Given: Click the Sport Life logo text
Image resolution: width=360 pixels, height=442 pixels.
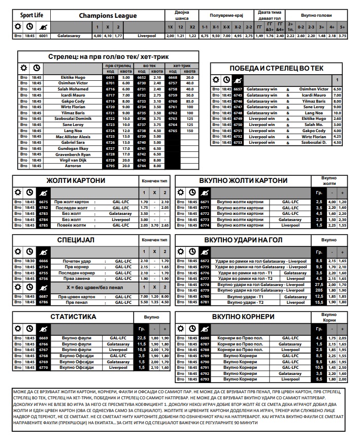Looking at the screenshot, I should pos(31,15).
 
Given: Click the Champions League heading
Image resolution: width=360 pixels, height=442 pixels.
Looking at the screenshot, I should pos(108,16).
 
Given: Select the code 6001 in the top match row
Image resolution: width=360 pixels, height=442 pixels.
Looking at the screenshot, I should pos(43,36).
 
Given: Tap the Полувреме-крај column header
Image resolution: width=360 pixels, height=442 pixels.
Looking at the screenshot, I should pos(226,16).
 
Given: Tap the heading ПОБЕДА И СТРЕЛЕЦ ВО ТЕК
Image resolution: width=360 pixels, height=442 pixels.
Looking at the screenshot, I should pos(277,68).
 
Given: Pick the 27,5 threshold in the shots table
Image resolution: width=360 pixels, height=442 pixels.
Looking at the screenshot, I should pos(319,285).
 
